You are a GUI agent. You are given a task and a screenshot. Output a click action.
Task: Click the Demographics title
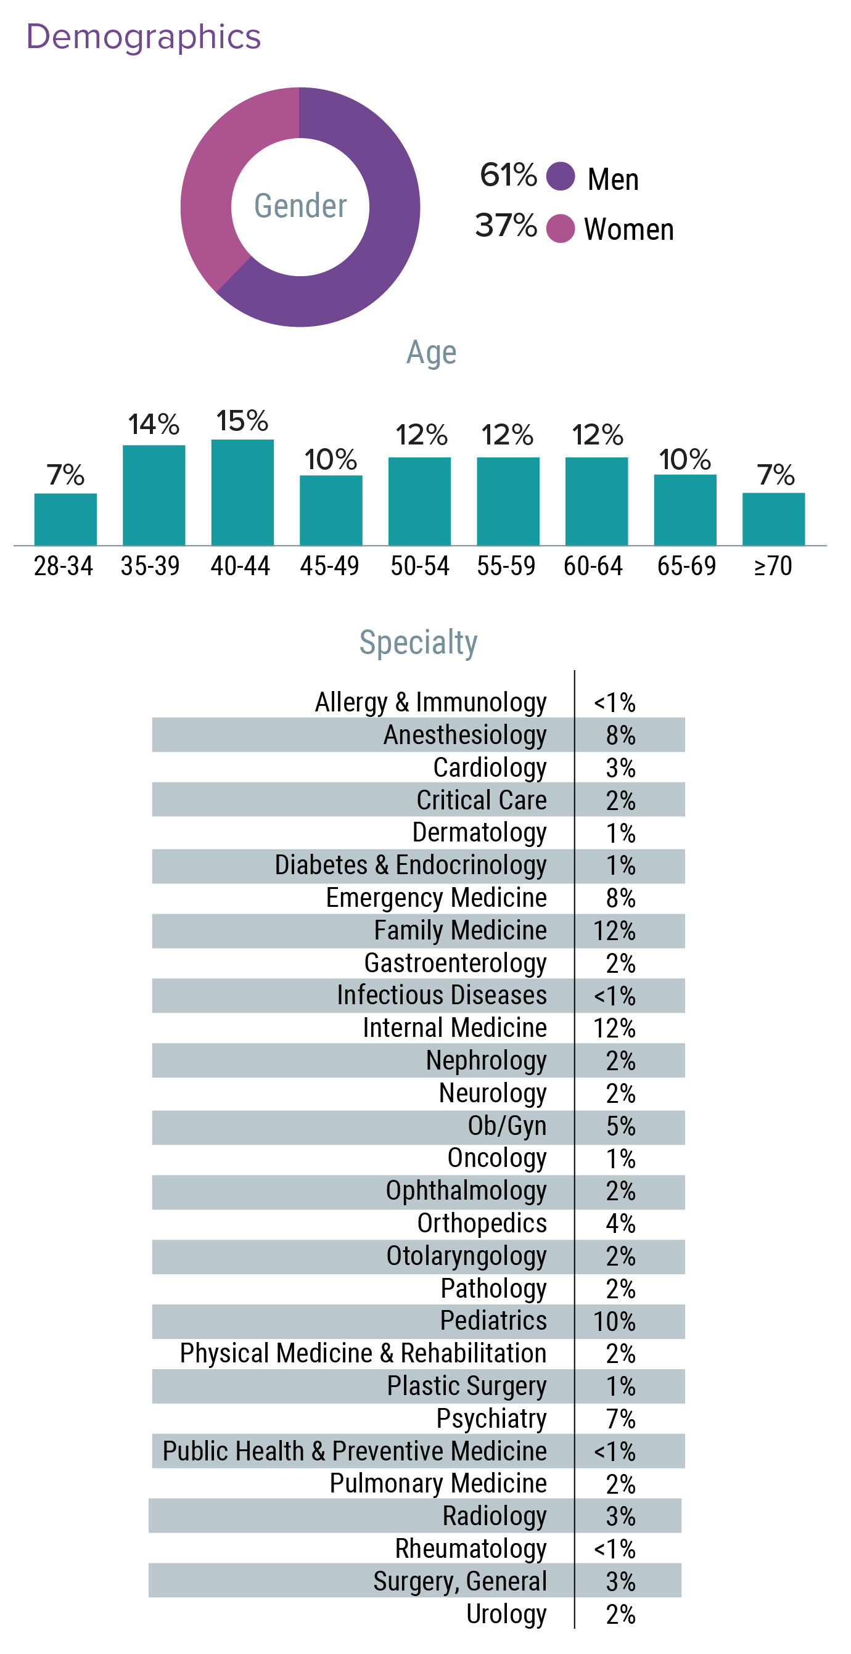tap(143, 37)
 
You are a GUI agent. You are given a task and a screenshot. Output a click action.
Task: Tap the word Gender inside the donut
tap(300, 206)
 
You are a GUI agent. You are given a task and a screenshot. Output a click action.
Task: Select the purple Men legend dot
tap(560, 176)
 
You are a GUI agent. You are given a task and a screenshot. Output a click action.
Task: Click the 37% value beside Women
tap(506, 226)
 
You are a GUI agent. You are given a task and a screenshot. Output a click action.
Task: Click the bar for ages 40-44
tap(242, 493)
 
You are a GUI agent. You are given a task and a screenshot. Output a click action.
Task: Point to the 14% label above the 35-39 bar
tap(154, 424)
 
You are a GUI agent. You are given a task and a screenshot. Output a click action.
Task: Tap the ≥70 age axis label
tap(773, 567)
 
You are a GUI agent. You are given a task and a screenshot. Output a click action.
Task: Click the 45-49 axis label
tap(329, 567)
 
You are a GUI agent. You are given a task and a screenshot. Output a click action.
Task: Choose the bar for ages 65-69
tap(684, 510)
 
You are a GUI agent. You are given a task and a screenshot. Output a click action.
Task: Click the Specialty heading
tap(418, 642)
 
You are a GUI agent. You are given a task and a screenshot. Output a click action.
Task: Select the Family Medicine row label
tap(460, 930)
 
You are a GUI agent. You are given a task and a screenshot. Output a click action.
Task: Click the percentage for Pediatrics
tap(614, 1321)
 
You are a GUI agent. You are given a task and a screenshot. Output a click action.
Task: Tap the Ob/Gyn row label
tap(507, 1126)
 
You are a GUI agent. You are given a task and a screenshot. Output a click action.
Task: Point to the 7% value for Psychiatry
tap(620, 1419)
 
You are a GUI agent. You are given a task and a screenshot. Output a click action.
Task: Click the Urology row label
tap(506, 1614)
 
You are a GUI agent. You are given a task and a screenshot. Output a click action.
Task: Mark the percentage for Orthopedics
tap(620, 1224)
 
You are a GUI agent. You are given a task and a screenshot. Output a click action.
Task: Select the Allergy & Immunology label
tap(430, 702)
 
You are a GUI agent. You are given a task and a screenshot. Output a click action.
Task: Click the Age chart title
tap(431, 353)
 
